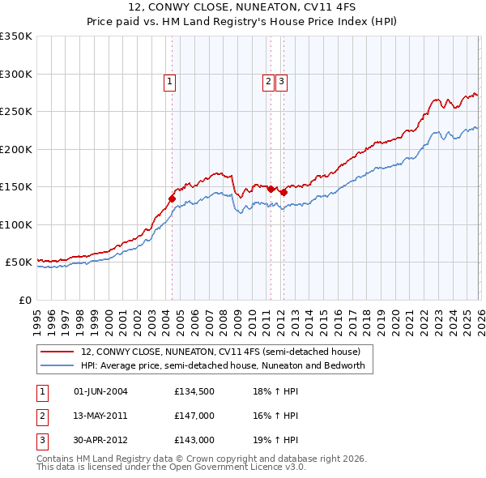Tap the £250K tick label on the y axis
[16, 112]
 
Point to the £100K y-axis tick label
[16, 224]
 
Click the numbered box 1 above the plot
[170, 81]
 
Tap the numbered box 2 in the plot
[267, 81]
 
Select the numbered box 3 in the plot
[281, 81]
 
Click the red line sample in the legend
[58, 352]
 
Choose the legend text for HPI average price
[223, 365]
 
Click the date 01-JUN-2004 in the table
[100, 391]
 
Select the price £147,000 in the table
[194, 416]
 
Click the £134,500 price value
[194, 391]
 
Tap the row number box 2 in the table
[40, 416]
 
